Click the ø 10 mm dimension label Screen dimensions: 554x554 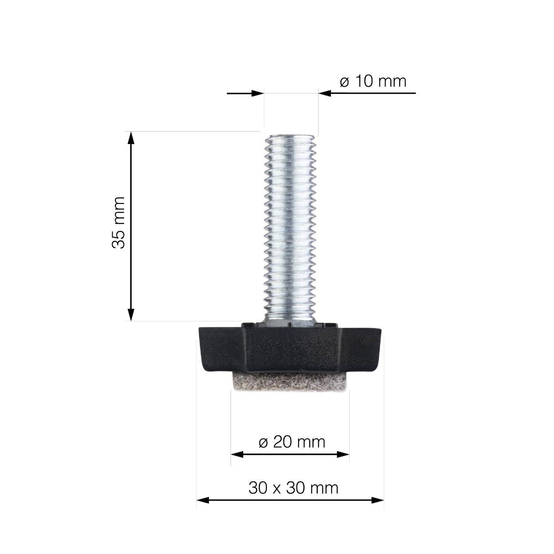[x=373, y=82]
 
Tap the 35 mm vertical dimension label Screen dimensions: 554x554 [x=119, y=222]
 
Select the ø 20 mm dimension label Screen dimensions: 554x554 [x=292, y=442]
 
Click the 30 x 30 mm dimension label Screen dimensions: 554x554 [x=293, y=488]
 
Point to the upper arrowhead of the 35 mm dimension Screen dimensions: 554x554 [x=131, y=138]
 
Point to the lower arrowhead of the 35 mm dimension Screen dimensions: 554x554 [x=131, y=314]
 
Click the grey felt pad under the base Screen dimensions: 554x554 [x=290, y=381]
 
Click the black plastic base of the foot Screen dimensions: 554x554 [x=290, y=348]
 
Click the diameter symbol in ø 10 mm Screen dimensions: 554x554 [x=345, y=82]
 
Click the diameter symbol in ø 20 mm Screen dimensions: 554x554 [x=263, y=442]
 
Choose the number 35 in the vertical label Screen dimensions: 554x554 [x=119, y=239]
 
